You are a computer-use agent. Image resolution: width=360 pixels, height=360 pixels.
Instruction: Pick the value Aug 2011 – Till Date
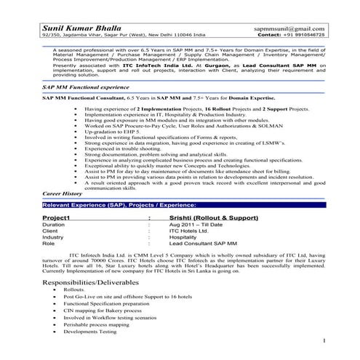pos(193,225)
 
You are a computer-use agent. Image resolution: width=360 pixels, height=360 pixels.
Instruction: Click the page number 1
pos(322,340)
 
